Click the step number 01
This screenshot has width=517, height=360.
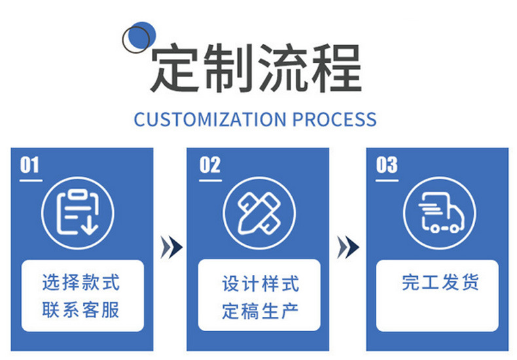click(30, 164)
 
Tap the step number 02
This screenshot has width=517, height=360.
click(210, 164)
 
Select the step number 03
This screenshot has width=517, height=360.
click(387, 164)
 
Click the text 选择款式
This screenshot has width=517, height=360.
click(81, 283)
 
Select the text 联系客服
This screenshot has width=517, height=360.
click(81, 310)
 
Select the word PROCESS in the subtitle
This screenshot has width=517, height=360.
click(334, 120)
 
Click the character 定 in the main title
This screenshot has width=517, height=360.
click(175, 69)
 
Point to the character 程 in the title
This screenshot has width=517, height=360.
click(336, 69)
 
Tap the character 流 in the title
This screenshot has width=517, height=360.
click(283, 69)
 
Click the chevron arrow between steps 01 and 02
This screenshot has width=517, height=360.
click(171, 247)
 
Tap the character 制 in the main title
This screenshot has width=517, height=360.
click(229, 69)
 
